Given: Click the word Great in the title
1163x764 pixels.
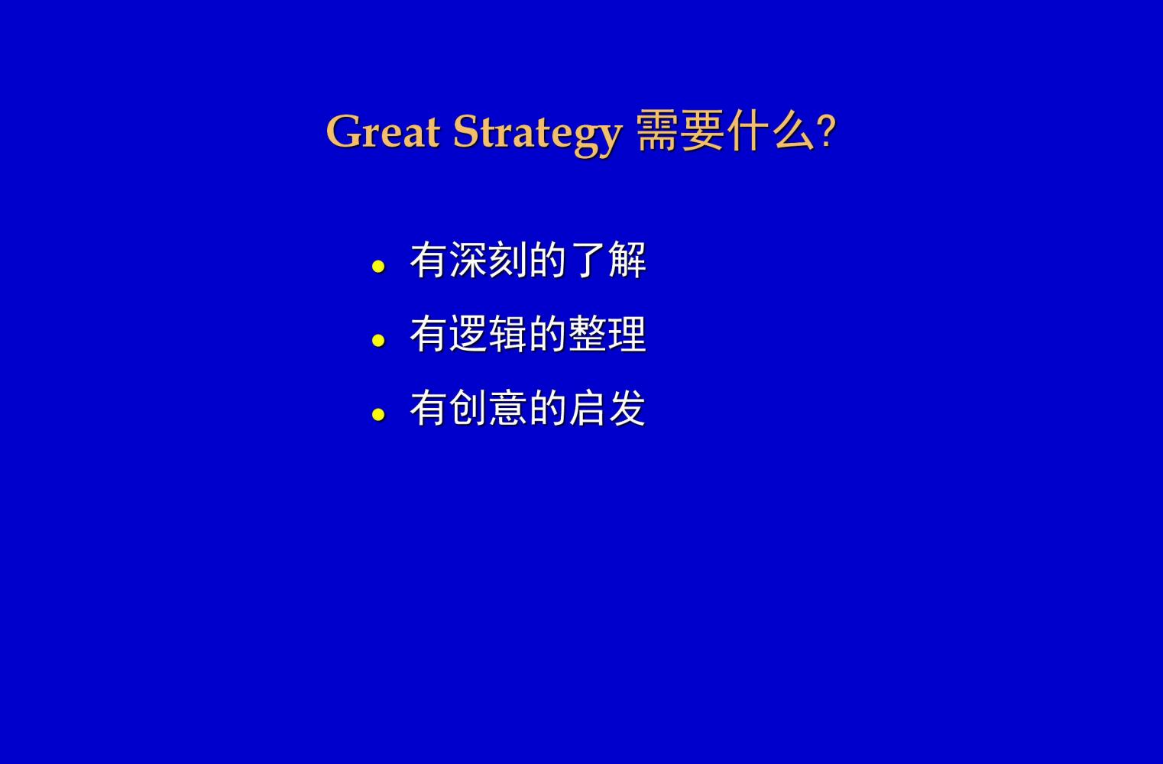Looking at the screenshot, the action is coord(383,131).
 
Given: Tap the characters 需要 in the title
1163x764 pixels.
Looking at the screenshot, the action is coord(680,131).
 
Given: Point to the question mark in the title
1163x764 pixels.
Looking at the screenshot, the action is coord(826,132).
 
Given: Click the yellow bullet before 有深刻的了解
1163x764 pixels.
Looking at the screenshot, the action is coord(378,267).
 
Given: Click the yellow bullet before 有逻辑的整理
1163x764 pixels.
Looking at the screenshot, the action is coord(378,341).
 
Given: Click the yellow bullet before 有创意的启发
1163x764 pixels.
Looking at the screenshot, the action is coord(378,414).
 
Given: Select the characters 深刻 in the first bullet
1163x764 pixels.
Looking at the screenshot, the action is coord(488,260).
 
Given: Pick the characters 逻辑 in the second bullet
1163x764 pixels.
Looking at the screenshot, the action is coord(488,334).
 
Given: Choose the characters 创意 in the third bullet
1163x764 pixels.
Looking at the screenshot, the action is coord(488,408).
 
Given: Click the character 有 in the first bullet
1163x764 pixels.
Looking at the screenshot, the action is coord(429,260).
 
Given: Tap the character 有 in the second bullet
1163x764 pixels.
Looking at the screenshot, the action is coord(429,334).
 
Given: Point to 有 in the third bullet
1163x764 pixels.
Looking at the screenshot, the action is coord(429,408).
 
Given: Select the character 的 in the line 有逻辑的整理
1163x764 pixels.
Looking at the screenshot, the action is coord(549,334).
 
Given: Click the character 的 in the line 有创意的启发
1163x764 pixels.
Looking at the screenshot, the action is coord(549,408).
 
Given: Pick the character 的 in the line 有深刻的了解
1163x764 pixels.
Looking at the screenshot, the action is coord(549,260).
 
